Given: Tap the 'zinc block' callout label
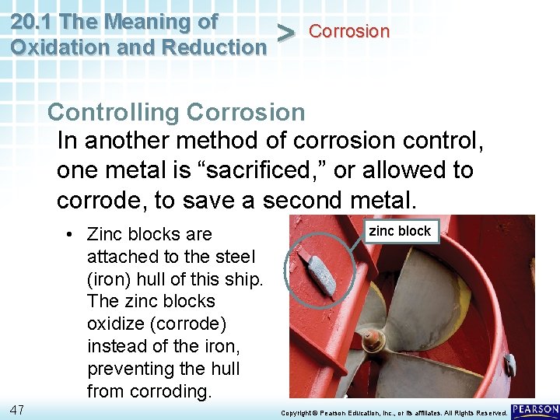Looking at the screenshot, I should pyautogui.click(x=400, y=231).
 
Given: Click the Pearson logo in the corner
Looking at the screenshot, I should pyautogui.click(x=535, y=410).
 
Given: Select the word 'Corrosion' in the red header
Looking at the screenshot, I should pyautogui.click(x=349, y=32).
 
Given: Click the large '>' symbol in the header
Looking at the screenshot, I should pyautogui.click(x=286, y=33).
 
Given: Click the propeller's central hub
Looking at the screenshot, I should pyautogui.click(x=373, y=340).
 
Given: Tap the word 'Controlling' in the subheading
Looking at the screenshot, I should pyautogui.click(x=114, y=112).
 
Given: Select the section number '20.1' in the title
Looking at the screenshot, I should pyautogui.click(x=31, y=21).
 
